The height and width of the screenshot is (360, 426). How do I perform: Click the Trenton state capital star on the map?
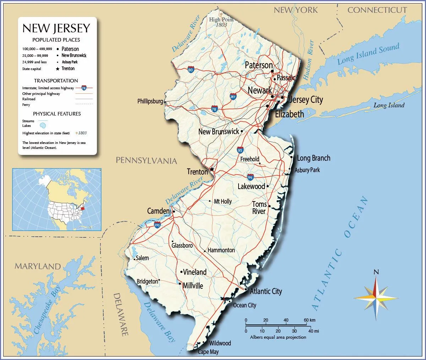[x=212, y=169]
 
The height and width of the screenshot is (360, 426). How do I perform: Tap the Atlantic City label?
[x=266, y=291]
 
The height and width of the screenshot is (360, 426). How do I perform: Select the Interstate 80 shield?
[x=191, y=70]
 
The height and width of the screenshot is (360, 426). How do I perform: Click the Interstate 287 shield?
[x=233, y=96]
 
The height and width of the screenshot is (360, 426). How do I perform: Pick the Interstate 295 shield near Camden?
[x=157, y=225]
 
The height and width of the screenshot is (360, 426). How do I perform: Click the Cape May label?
[x=208, y=352]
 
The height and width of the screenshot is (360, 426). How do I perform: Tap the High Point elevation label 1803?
[x=222, y=25]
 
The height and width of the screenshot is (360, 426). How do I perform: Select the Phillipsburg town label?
[x=150, y=101]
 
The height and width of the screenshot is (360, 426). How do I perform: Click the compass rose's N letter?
[x=376, y=272]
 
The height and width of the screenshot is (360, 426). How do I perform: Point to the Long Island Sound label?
[x=368, y=54]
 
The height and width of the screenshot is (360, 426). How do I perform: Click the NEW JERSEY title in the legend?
[x=56, y=28]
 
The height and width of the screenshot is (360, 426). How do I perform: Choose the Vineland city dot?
[x=181, y=272]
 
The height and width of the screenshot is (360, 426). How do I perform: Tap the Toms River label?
[x=259, y=208]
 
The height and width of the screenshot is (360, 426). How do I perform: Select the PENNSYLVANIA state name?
[x=146, y=160]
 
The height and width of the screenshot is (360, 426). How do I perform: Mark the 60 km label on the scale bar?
[x=310, y=320]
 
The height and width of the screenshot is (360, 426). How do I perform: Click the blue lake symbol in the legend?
[x=43, y=125]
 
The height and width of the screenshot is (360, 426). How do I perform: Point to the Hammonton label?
[x=221, y=250]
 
